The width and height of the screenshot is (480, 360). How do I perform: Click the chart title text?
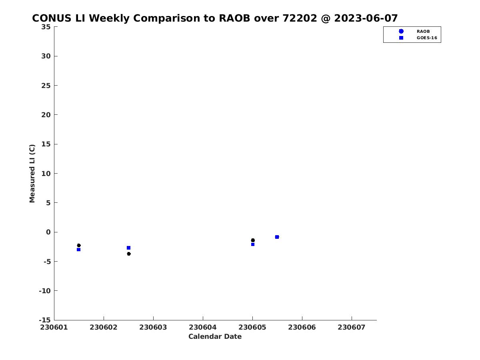215,18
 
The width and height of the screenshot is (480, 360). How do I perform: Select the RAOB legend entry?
423,31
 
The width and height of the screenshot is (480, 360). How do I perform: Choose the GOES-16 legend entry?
427,38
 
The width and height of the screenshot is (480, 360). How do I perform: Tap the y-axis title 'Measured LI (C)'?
32,174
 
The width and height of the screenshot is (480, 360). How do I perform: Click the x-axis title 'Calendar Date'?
215,337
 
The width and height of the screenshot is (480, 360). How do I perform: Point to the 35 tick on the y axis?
46,27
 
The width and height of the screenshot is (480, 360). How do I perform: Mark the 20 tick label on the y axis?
46,115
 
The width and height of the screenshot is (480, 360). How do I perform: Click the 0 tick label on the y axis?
48,232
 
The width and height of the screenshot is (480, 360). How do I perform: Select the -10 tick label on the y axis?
44,291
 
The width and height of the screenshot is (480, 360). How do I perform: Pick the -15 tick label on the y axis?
44,320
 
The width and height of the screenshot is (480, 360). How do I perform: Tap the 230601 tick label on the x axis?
54,327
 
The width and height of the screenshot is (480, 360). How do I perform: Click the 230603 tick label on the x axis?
153,327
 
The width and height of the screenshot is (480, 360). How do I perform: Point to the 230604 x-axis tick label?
203,327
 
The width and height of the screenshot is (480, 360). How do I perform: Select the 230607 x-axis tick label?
352,327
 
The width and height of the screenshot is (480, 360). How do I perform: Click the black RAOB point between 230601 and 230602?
79,245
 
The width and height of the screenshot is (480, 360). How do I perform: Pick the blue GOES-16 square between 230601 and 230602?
78,250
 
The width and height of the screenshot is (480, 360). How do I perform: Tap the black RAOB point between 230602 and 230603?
129,254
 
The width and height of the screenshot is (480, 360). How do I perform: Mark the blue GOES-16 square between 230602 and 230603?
128,248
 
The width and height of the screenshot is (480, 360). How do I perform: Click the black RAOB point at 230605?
253,240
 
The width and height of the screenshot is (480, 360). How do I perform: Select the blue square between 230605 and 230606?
277,237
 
